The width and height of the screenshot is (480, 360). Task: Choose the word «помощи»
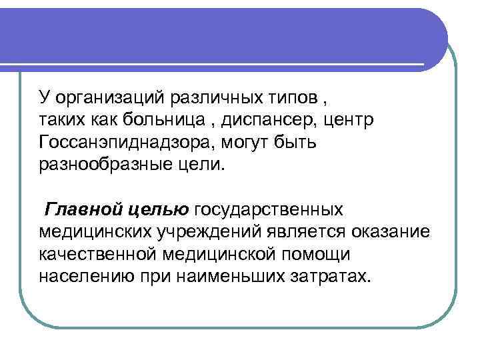pos(317,254)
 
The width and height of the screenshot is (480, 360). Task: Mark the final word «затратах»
pos(332,275)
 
